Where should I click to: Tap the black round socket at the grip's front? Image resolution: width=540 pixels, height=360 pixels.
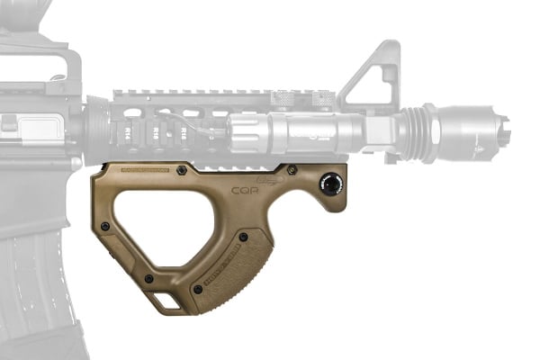pyautogui.click(x=332, y=183)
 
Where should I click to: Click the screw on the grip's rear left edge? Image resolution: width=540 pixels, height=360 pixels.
pyautogui.click(x=106, y=225)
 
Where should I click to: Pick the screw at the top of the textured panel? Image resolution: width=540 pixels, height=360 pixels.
pyautogui.click(x=243, y=237)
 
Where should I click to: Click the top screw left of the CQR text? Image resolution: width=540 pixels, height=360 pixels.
pyautogui.click(x=183, y=169)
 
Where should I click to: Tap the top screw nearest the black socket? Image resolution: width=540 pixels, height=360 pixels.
pyautogui.click(x=292, y=169)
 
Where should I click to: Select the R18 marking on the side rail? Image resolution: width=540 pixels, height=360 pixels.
pyautogui.click(x=184, y=131)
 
